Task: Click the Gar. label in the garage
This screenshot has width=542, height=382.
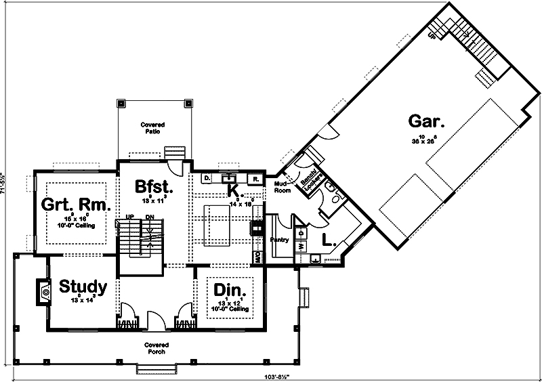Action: click(427, 122)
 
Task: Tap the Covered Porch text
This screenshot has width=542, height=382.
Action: click(156, 347)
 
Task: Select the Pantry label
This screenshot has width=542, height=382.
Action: click(280, 240)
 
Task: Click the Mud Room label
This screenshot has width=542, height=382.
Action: click(283, 187)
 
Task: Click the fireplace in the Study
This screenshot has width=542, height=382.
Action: click(43, 291)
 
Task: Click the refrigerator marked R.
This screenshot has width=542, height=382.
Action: click(255, 179)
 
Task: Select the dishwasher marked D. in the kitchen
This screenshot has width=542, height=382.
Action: click(207, 178)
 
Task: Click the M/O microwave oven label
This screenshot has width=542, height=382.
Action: click(257, 257)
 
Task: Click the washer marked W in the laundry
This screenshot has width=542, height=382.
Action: click(301, 247)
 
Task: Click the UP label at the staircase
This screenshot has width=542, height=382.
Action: click(128, 217)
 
